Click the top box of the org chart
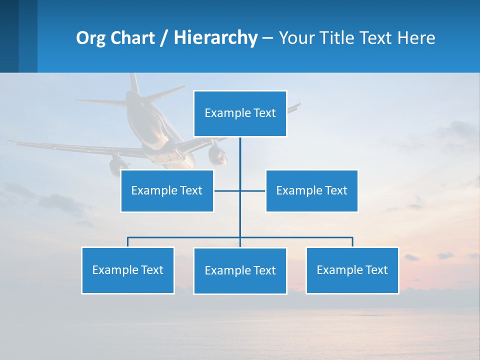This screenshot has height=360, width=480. pos(240,113)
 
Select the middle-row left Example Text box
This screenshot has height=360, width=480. pos(167,191)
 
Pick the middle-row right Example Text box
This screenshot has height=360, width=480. pos(311,191)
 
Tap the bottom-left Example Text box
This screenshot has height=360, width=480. pos(128,270)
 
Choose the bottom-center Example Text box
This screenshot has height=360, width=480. pos(240,271)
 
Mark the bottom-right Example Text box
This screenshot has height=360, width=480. pos(352,270)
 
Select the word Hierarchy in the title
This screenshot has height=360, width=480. pos(215,38)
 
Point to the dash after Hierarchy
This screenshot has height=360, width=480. pos(267,38)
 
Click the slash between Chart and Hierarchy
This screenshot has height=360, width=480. pos(164,38)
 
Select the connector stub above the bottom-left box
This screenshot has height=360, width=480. pos(128,242)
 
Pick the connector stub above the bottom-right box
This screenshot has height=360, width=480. pos(352,242)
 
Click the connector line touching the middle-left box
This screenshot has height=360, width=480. pos(226,191)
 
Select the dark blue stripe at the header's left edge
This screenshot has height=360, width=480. pos(9,36)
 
